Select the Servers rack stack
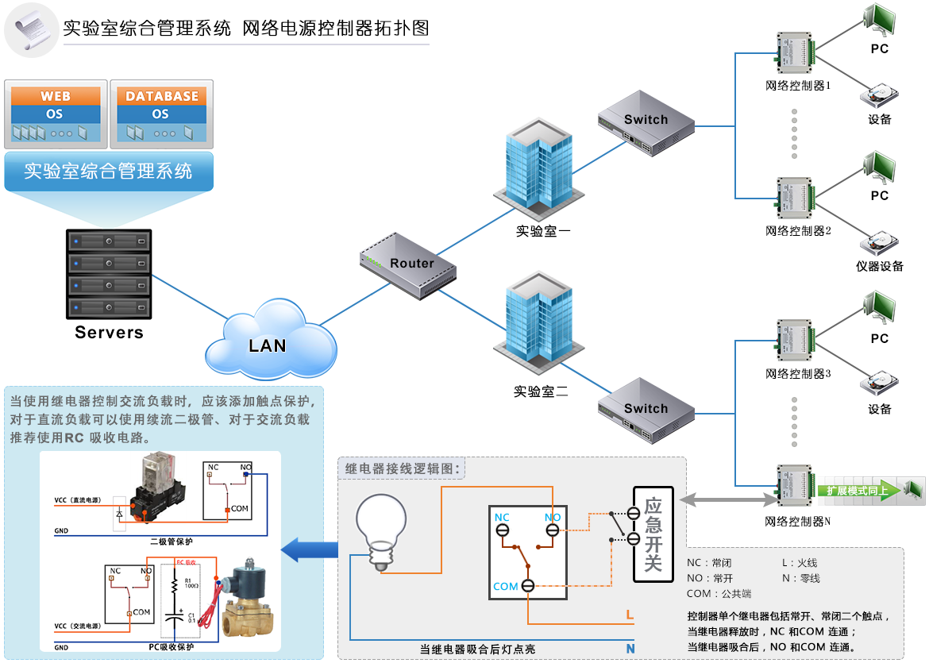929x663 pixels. coord(110,274)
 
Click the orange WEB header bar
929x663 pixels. coord(56,96)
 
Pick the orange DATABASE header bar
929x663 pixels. coord(162,96)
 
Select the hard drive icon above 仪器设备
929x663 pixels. coord(879,243)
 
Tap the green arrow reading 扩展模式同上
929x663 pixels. coord(858,491)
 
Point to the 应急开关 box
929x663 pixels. coord(653,535)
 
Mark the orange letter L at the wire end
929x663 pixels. coord(630,615)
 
